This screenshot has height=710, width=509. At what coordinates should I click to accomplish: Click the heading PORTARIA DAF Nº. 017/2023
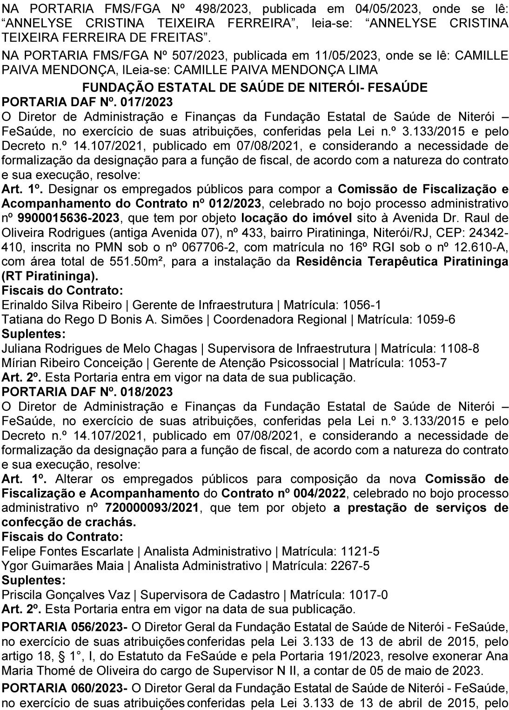point(87,102)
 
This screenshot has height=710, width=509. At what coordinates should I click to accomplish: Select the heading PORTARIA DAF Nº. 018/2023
point(87,392)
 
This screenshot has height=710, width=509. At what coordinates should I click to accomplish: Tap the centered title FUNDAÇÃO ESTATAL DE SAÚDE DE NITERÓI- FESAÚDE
point(254,87)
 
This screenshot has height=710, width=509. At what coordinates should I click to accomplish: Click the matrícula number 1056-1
point(362,305)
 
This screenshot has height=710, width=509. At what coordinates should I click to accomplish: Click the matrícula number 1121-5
point(360,551)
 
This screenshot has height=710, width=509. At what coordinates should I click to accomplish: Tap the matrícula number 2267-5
point(350,566)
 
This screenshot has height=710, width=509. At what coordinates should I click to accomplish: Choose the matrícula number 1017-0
point(368,595)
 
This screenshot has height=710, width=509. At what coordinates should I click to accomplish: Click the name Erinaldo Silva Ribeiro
point(65,305)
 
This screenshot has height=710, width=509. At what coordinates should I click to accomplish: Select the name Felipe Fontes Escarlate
point(68,551)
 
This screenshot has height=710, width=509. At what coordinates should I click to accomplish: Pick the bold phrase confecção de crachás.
point(69,522)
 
